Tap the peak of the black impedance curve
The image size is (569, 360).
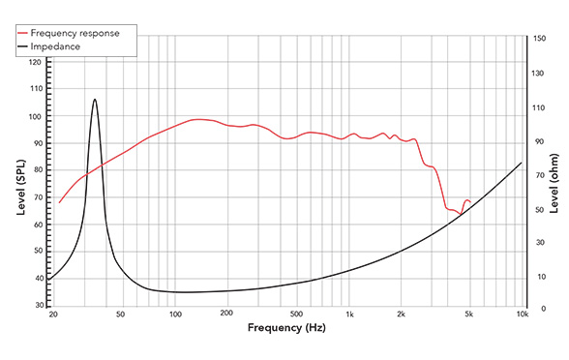tap(95, 99)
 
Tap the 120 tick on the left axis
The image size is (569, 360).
tap(36, 62)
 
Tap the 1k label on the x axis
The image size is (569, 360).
tap(349, 315)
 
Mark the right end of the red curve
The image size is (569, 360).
tap(471, 202)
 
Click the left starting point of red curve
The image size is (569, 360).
tap(60, 203)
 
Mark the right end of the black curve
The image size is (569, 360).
tap(522, 163)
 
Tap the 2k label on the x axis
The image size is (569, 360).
tap(402, 315)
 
